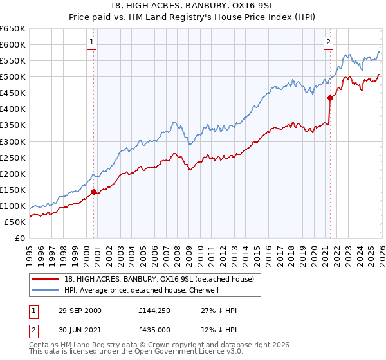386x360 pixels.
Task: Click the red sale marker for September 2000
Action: coord(94,191)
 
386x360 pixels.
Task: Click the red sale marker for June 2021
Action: coord(330,98)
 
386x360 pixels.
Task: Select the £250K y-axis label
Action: coord(13,157)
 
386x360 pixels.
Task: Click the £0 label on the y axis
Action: coord(19,238)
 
